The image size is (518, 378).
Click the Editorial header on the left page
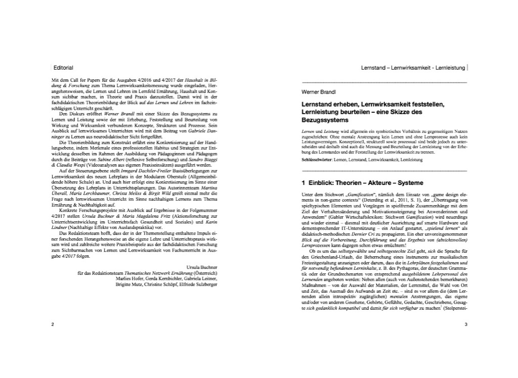pos(63,68)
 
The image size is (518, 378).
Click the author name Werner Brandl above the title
pos(316,92)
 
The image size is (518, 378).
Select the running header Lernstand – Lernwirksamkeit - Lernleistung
pos(413,68)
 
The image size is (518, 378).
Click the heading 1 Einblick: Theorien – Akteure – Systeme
pos(362,182)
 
